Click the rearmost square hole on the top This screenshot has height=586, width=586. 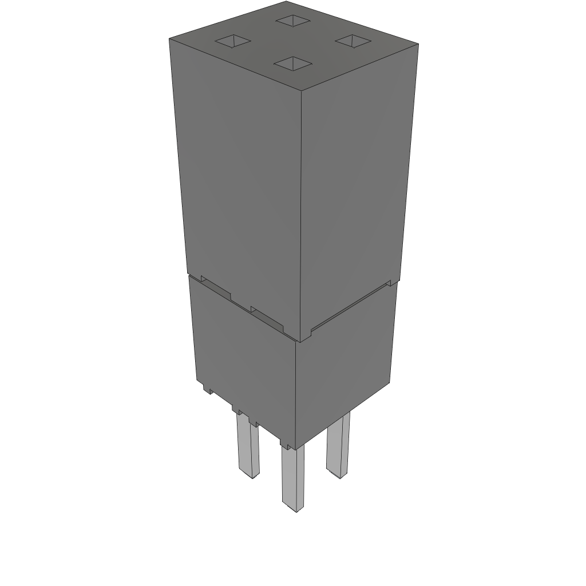[292, 21]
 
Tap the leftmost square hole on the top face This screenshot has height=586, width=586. [233, 41]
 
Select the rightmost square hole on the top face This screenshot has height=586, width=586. [353, 40]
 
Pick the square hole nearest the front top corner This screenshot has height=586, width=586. [292, 63]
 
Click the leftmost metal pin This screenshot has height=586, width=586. [248, 446]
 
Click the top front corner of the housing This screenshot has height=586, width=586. [301, 90]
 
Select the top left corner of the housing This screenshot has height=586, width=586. [169, 38]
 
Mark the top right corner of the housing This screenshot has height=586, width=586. [418, 44]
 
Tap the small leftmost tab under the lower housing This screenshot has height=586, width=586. [208, 389]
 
